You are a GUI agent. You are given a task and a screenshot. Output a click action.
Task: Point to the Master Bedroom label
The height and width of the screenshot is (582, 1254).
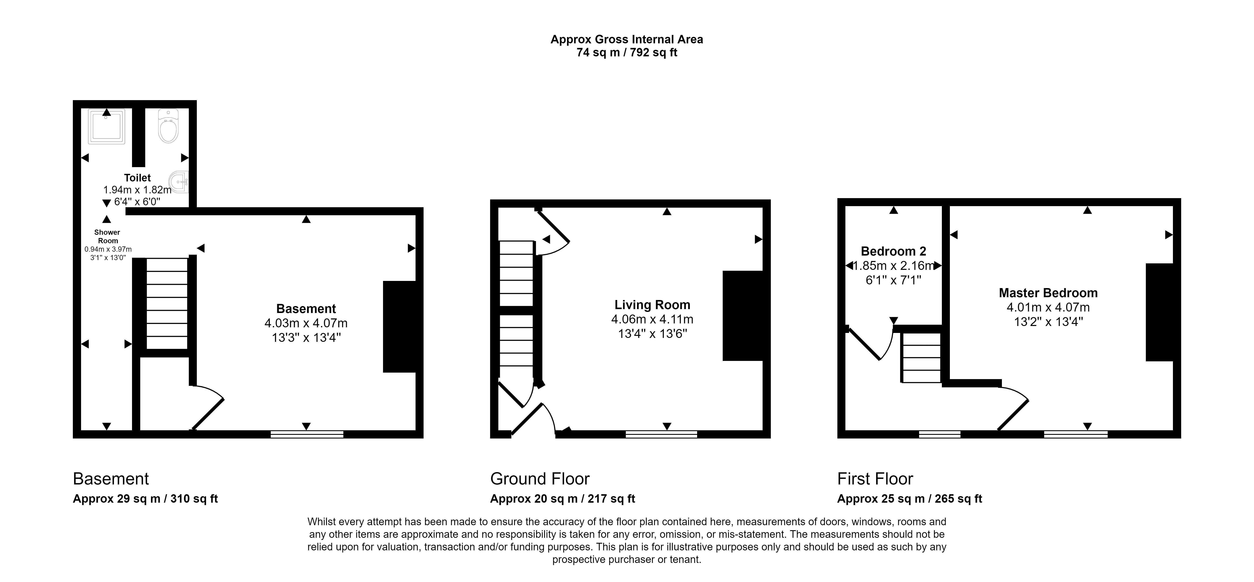coord(1048,293)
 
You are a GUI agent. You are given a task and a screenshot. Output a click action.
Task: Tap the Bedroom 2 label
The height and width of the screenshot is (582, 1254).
coord(893,252)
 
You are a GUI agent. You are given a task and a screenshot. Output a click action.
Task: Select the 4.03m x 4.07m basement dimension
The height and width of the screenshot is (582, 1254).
coord(306,323)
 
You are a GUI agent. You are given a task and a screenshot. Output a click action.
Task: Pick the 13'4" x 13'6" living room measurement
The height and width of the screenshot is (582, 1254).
coord(652,334)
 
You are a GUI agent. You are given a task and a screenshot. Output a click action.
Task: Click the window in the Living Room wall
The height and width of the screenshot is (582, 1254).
coord(661,434)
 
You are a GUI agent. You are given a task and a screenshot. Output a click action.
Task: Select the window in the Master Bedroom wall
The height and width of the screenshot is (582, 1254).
coord(1076,434)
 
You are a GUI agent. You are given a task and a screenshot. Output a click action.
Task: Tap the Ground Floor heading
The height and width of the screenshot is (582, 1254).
coord(540,479)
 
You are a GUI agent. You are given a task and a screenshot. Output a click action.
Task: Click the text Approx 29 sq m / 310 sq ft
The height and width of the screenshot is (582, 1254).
coord(145,499)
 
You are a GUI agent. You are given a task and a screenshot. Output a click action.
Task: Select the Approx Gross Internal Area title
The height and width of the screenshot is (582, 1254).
coord(626,39)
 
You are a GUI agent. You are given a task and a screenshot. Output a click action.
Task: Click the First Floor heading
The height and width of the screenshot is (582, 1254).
coord(875,479)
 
